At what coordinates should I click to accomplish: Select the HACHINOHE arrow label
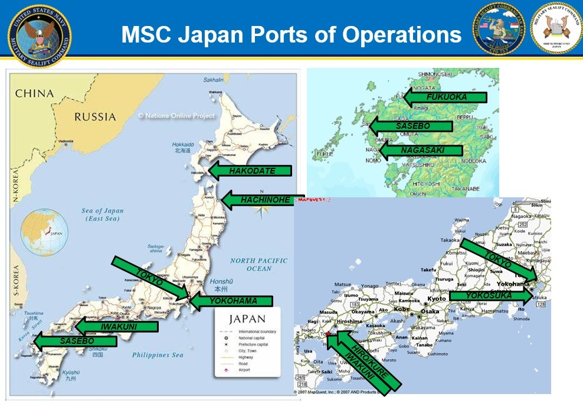[263, 200]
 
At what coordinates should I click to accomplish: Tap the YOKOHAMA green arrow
[231, 301]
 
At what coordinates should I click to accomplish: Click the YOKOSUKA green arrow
[490, 295]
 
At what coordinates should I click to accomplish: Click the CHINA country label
[34, 93]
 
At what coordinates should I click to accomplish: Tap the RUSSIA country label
[94, 117]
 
